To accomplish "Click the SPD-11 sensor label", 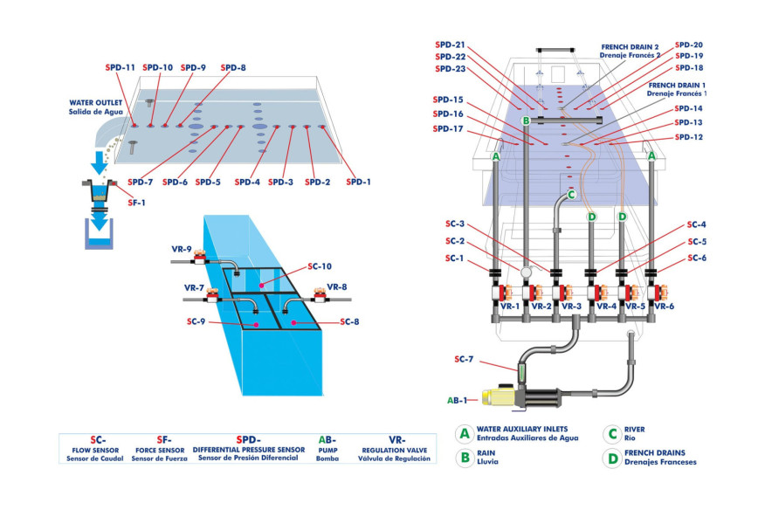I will pos(120,67).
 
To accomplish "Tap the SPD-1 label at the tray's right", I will pos(358,182).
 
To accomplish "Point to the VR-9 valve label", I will pos(181,249).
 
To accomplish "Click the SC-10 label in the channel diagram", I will pos(320,266).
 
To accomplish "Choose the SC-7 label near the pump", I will pos(465,359).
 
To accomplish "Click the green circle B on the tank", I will pos(526,121).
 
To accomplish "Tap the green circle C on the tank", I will pos(571,195).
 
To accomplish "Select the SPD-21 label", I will pos(449,45).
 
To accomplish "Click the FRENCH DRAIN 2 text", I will pos(629,45).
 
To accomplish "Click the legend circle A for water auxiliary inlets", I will pos(465,432).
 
